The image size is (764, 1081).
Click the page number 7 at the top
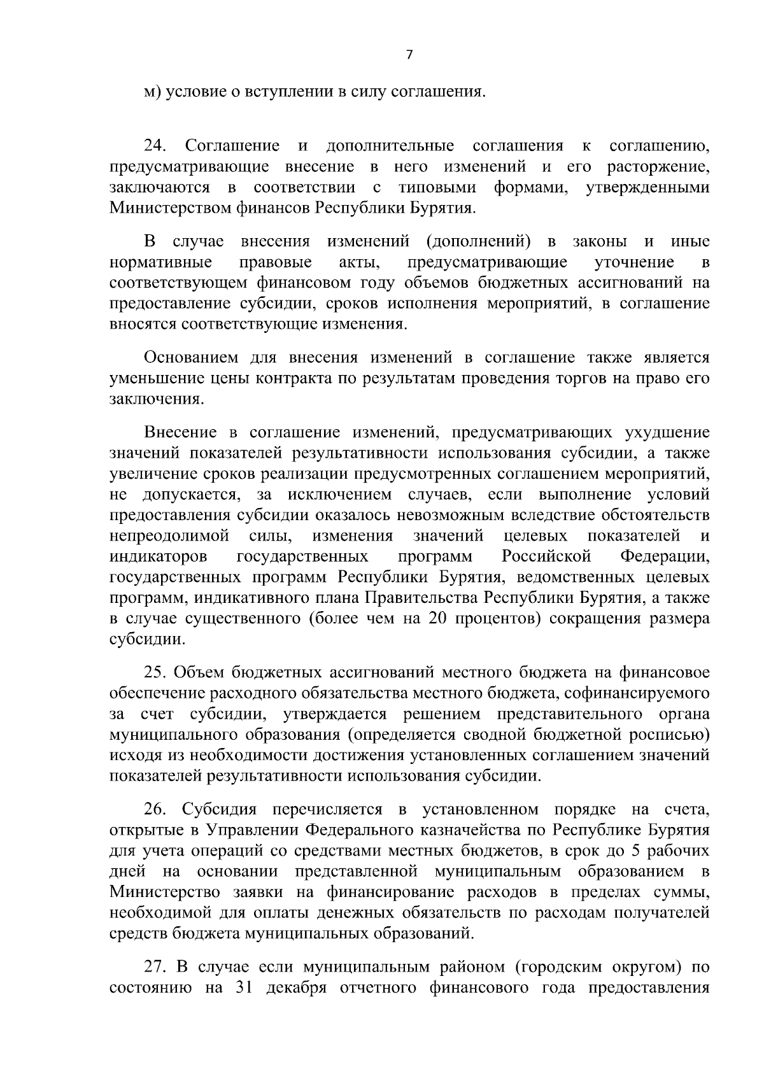coord(409,55)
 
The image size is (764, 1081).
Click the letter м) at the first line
coord(150,92)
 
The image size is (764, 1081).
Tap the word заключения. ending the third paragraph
coord(157,399)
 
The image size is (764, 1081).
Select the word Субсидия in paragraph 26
coord(218,810)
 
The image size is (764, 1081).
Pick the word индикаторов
coord(158,557)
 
